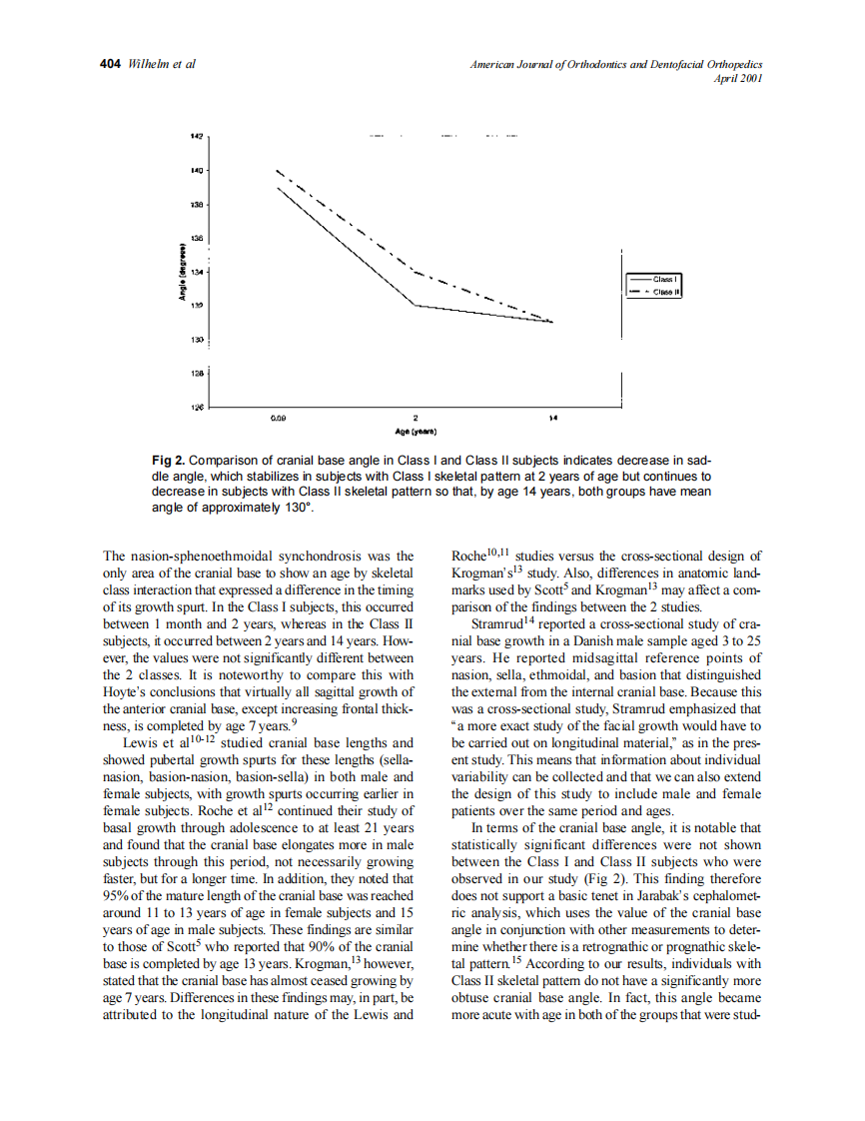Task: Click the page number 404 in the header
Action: point(111,65)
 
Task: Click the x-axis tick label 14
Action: point(552,419)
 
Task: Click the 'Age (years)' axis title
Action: point(415,432)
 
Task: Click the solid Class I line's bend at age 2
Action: point(415,305)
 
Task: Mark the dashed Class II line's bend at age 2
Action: point(415,271)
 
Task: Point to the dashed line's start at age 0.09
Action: point(278,170)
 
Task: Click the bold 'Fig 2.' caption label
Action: point(169,461)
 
